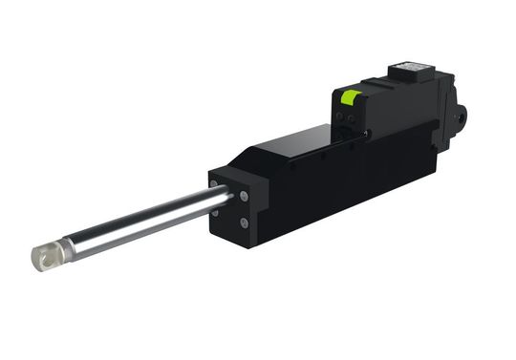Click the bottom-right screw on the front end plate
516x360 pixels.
pos(245,223)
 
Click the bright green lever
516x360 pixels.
pos(350,96)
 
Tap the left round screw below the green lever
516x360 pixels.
pos(343,118)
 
